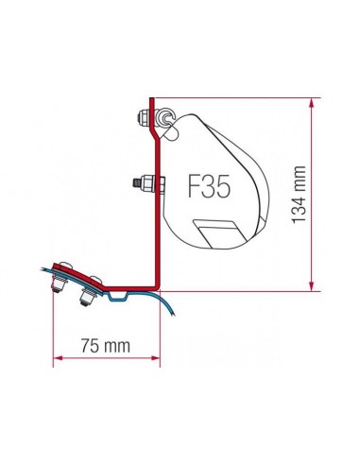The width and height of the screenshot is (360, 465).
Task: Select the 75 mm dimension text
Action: click(x=104, y=347)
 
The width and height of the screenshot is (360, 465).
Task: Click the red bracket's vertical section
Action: click(x=153, y=208)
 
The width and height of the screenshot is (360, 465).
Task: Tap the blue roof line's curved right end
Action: click(x=174, y=316)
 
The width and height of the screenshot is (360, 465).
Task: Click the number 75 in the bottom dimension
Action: click(x=91, y=347)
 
